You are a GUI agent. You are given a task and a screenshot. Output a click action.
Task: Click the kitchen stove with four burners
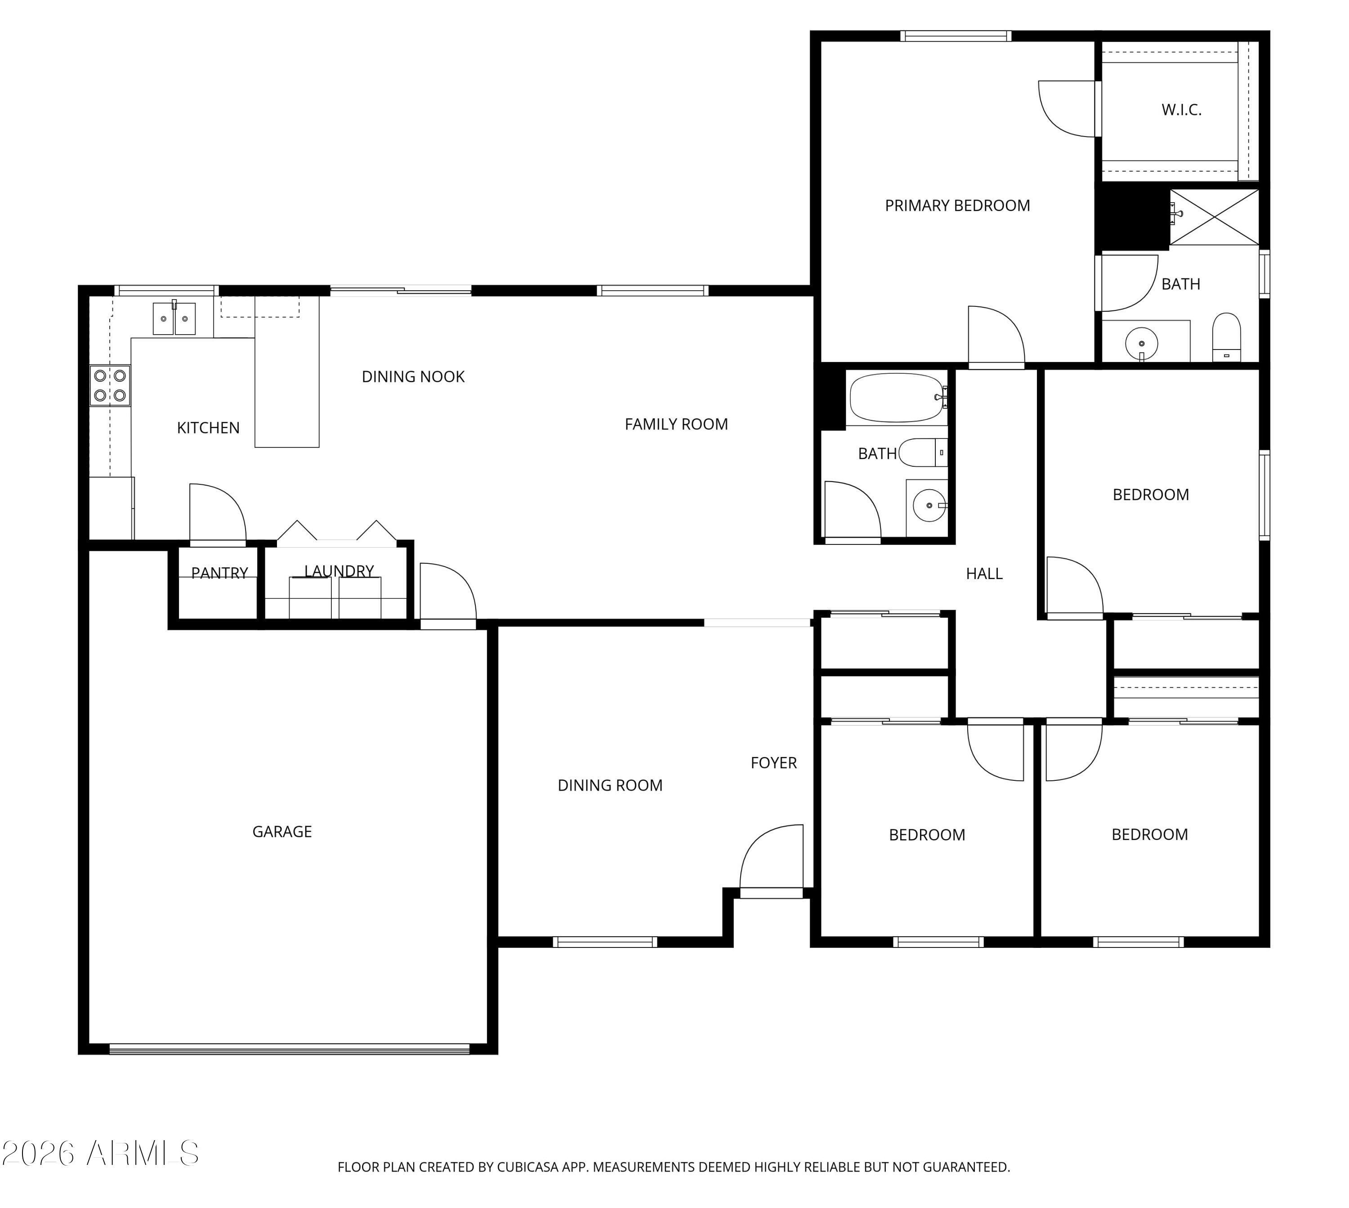click(110, 385)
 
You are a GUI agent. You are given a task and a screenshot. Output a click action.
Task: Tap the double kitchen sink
click(174, 319)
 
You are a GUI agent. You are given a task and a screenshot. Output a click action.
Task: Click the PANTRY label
click(219, 573)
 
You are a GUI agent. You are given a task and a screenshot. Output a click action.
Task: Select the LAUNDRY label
click(339, 571)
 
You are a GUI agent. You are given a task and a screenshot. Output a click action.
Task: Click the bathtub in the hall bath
click(897, 398)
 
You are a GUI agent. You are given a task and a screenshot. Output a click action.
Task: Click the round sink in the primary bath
click(1142, 344)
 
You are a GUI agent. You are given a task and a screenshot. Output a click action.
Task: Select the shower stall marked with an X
click(1214, 217)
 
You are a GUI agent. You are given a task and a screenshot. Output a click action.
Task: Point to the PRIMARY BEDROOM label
click(957, 206)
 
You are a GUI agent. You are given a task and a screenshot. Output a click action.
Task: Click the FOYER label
click(773, 763)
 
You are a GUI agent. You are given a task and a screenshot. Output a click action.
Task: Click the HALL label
click(984, 574)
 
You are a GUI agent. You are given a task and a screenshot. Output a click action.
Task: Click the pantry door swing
click(217, 513)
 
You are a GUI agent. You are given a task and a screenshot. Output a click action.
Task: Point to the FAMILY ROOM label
click(676, 424)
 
